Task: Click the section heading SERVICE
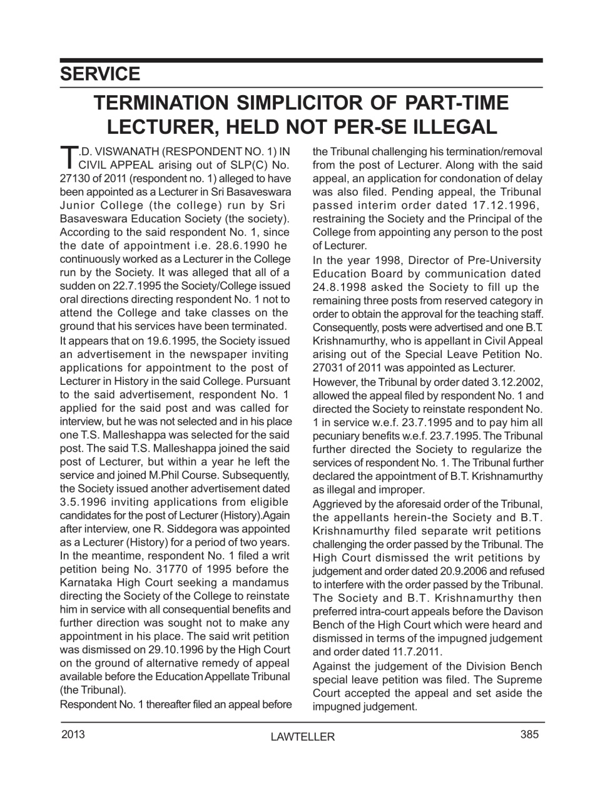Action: pyautogui.click(x=100, y=74)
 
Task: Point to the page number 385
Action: pyautogui.click(x=529, y=735)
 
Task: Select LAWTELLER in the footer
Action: pyautogui.click(x=303, y=737)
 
